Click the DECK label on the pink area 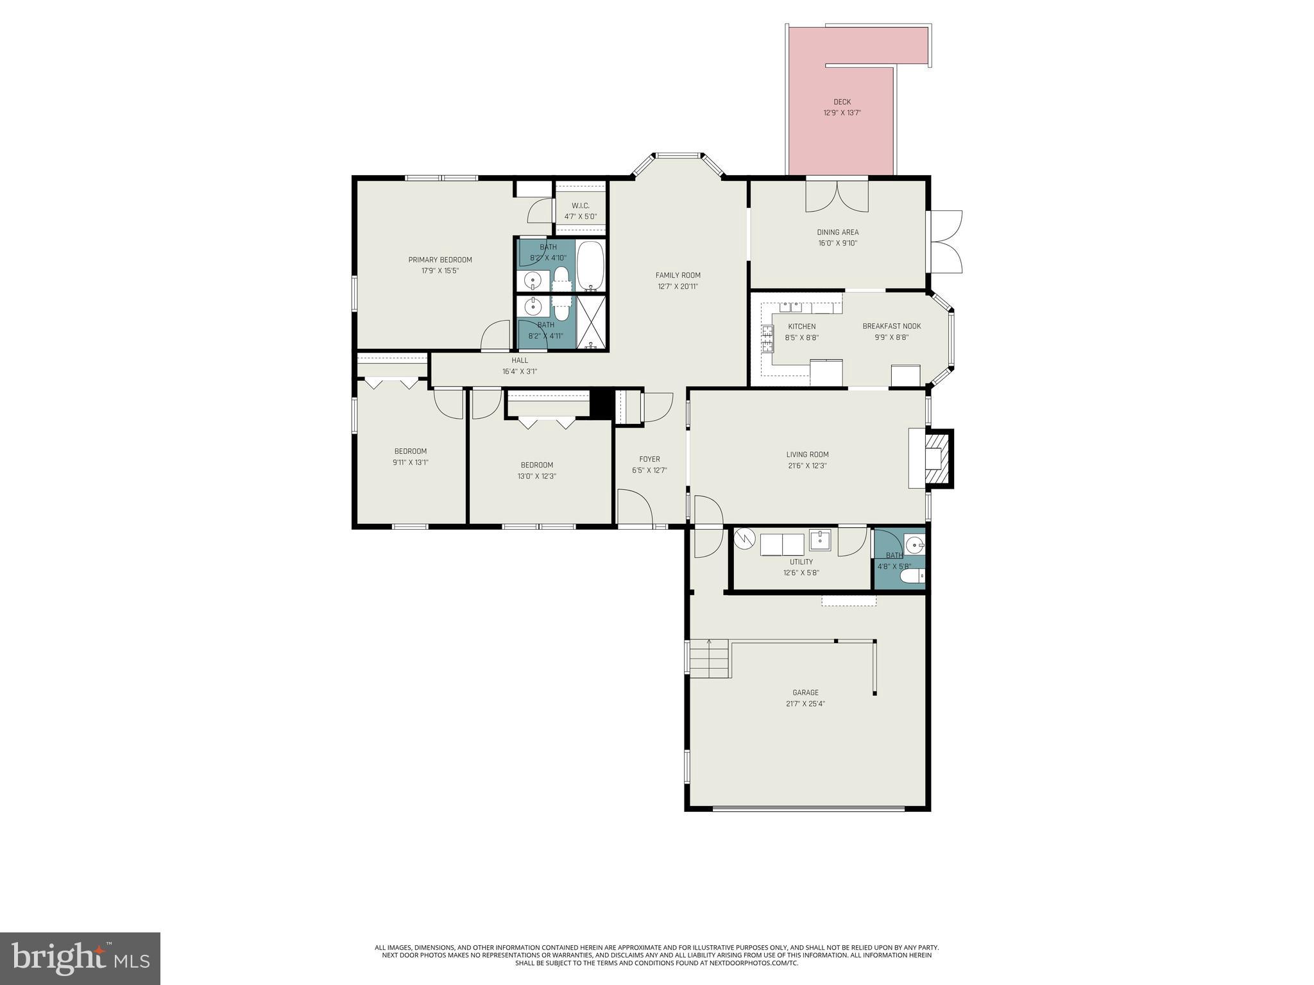(842, 102)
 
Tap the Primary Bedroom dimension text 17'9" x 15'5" (440, 271)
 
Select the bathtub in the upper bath (590, 265)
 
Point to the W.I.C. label (580, 206)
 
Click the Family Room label (678, 276)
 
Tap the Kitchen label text (801, 326)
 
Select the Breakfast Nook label (891, 326)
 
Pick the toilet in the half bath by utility (912, 577)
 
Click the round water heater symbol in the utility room (745, 540)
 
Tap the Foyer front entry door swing (634, 508)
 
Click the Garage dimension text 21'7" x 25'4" (805, 703)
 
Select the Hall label (520, 360)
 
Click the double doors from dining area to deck (837, 196)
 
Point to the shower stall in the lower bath (591, 322)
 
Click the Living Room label (807, 455)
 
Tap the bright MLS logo (80, 958)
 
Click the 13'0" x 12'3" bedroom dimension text (536, 476)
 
